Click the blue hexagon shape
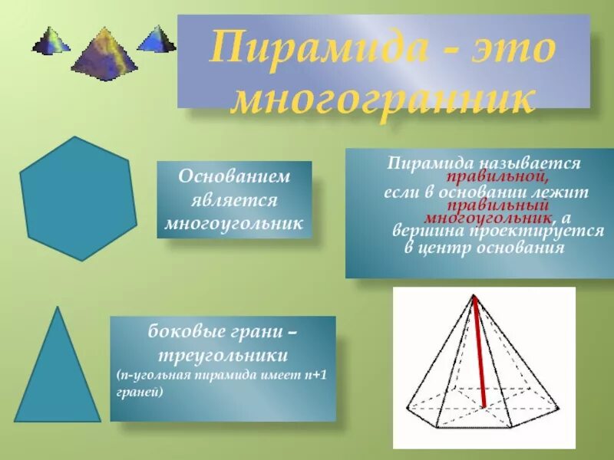pos(78,198)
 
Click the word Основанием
pos(234,177)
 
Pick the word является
pos(234,200)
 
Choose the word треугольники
pos(223,356)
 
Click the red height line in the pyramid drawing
pos(480,353)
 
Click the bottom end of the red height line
pos(484,406)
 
